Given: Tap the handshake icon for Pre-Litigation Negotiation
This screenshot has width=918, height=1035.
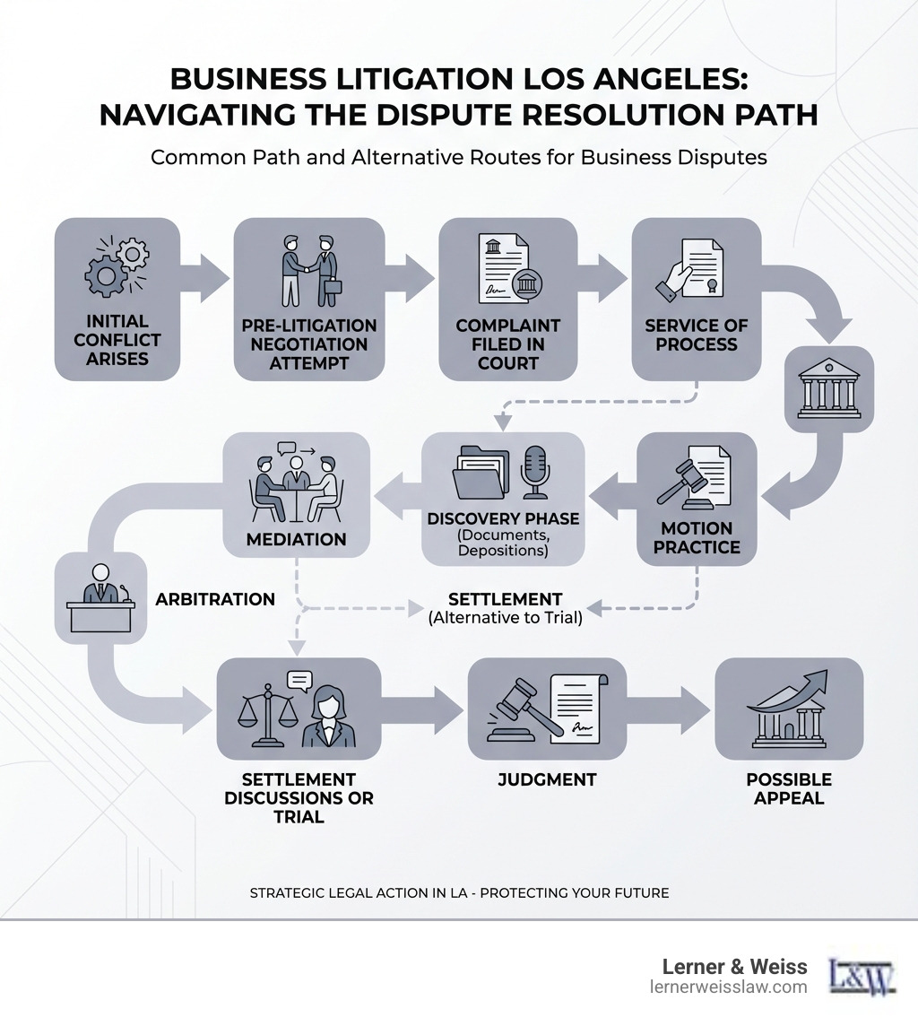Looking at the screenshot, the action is [310, 271].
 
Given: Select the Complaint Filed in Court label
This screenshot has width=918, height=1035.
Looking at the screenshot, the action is [507, 344].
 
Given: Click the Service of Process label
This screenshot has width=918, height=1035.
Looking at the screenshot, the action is [697, 335].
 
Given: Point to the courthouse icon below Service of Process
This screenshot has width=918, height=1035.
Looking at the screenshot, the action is [829, 388].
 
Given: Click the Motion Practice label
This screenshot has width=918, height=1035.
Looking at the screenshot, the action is [697, 537].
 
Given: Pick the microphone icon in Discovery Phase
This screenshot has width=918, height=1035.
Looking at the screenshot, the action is [534, 472].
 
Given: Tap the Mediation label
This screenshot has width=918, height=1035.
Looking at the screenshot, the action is [296, 539].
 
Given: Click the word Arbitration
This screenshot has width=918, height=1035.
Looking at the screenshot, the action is [215, 599].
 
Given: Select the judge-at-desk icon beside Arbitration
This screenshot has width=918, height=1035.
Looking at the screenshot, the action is [101, 597].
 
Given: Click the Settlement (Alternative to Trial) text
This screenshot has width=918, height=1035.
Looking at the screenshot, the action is [506, 608].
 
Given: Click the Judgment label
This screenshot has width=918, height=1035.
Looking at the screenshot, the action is [547, 779].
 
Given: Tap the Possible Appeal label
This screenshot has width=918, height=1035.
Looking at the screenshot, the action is [789, 788].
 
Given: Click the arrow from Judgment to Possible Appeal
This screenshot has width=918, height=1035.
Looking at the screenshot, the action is [669, 709].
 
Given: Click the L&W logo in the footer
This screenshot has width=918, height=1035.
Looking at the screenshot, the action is [862, 977].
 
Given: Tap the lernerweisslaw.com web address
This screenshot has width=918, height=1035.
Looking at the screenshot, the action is [729, 987].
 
